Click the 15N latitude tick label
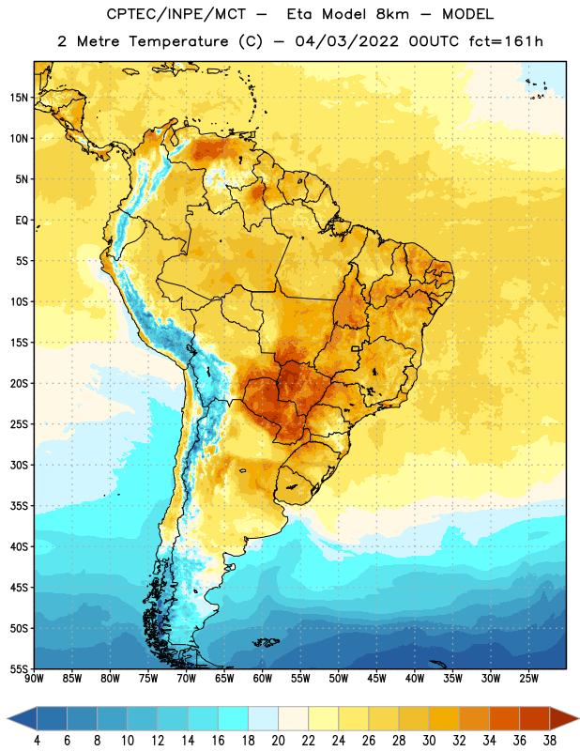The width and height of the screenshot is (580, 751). [19, 98]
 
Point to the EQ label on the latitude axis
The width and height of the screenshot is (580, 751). [22, 221]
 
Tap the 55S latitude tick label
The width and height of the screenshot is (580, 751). [19, 668]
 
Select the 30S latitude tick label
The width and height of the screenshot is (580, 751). [19, 465]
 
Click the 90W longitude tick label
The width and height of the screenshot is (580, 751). [34, 679]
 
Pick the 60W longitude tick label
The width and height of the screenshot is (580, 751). [263, 679]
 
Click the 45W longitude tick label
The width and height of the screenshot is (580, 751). [376, 679]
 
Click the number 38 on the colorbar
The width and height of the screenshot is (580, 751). [549, 741]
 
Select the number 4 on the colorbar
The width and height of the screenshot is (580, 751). [37, 741]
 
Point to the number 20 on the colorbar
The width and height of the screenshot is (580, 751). [278, 741]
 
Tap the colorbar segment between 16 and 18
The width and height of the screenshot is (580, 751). [234, 719]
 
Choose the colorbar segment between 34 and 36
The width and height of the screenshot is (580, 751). [504, 719]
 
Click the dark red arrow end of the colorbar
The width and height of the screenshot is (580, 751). [563, 719]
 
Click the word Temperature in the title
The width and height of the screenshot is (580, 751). [178, 41]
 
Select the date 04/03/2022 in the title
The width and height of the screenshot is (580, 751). [346, 41]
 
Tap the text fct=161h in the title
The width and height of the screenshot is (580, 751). [506, 41]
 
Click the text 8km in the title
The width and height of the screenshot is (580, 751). [392, 14]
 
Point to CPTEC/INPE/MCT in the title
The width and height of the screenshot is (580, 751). [176, 14]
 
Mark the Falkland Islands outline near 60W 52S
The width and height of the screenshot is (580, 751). [267, 642]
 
